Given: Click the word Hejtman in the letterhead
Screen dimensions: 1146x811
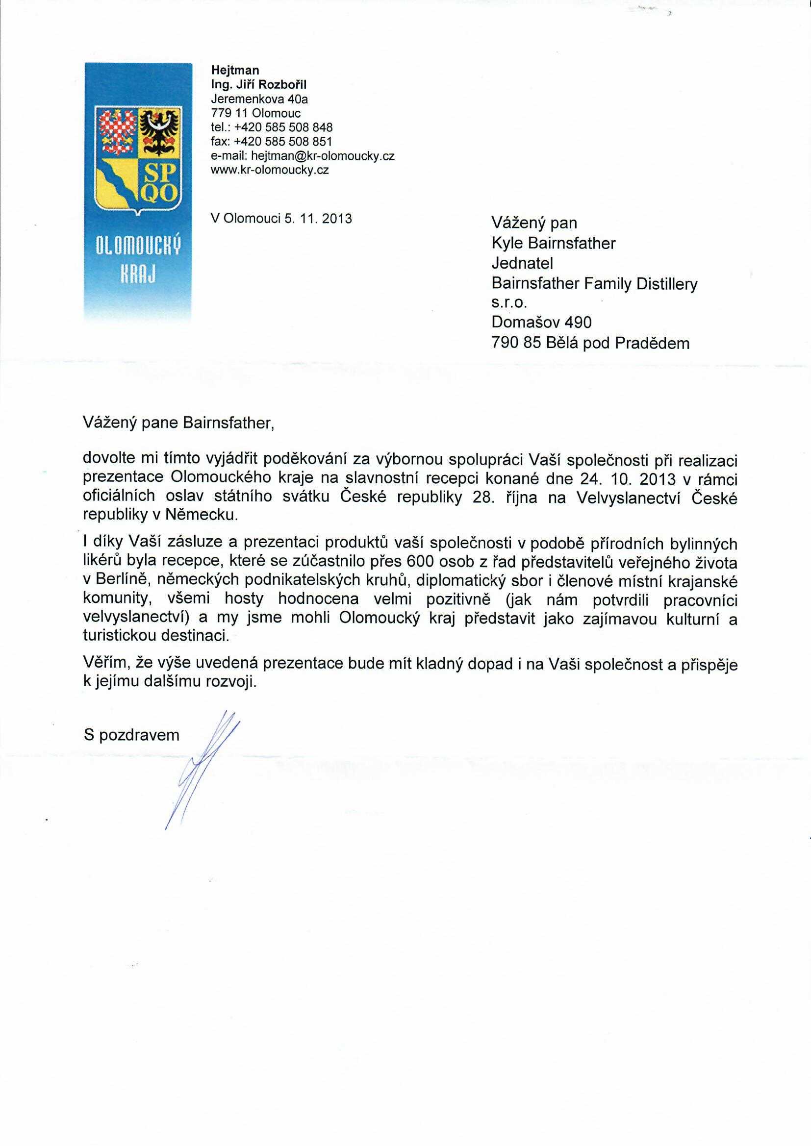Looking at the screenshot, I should click(x=235, y=71).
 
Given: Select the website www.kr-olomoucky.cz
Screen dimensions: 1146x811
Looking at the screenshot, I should click(x=270, y=170).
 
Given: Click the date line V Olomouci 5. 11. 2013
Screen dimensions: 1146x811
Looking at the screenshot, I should click(x=281, y=218).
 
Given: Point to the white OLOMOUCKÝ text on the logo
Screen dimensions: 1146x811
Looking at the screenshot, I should click(x=138, y=247).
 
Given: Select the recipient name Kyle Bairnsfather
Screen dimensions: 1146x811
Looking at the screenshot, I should click(x=553, y=243).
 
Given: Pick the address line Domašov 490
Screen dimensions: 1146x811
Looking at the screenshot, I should click(x=541, y=323).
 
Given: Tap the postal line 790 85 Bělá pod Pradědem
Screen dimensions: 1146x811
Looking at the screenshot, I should click(x=590, y=344).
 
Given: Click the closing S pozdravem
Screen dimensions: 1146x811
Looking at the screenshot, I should click(x=132, y=735).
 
